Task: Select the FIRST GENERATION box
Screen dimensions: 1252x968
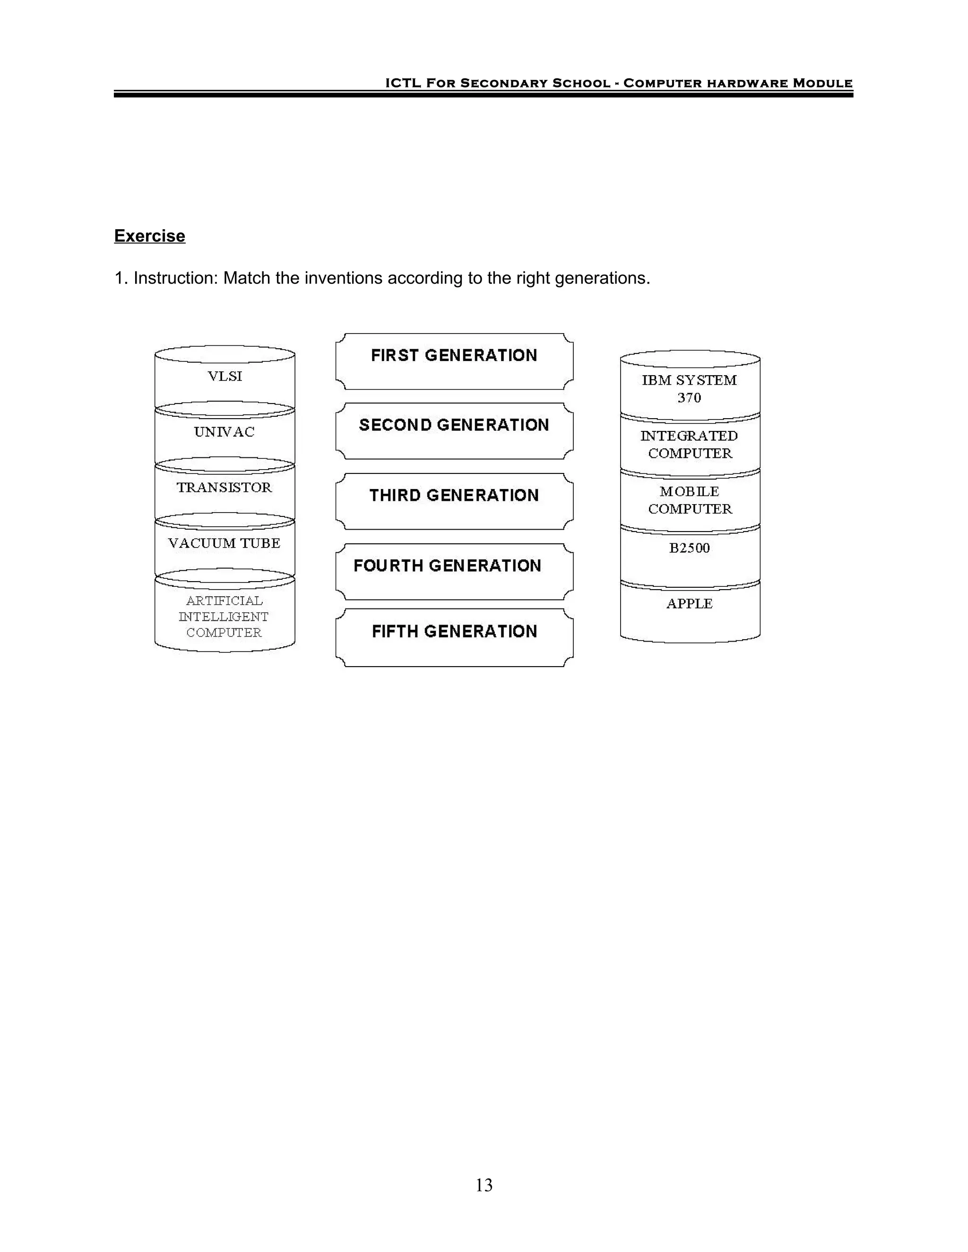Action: (454, 361)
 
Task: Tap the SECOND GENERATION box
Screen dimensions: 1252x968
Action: (454, 430)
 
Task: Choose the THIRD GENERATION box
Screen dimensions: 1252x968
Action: (454, 501)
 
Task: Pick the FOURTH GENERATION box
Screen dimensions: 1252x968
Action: (454, 571)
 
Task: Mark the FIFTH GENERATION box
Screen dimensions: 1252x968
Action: (454, 637)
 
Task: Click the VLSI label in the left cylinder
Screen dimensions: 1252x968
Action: (225, 376)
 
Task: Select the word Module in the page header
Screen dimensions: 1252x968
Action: (822, 83)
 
